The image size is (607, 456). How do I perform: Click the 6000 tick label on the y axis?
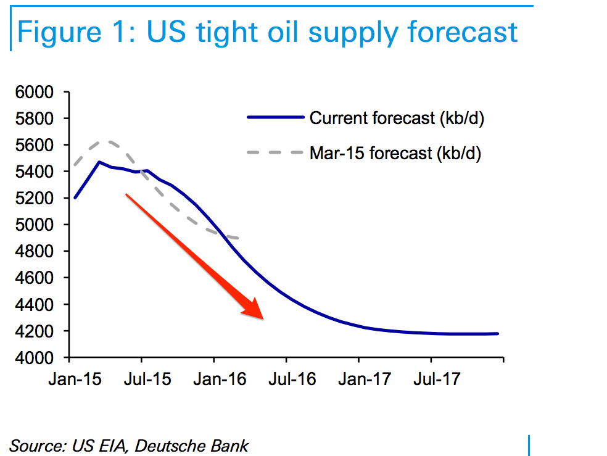39,92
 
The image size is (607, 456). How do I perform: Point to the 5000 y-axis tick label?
39,225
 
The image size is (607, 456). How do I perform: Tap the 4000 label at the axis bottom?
39,358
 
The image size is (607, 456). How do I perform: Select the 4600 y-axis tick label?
39,278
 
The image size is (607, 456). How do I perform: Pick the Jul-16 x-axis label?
286,378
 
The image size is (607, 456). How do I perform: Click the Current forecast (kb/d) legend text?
397,118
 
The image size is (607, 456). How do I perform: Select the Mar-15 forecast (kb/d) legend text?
395,152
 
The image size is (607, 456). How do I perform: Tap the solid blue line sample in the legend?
275,117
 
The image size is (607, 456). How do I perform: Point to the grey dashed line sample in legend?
275,152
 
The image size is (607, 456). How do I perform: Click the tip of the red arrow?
263,319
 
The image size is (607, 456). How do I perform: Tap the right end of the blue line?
498,334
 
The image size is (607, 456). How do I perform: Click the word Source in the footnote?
36,446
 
